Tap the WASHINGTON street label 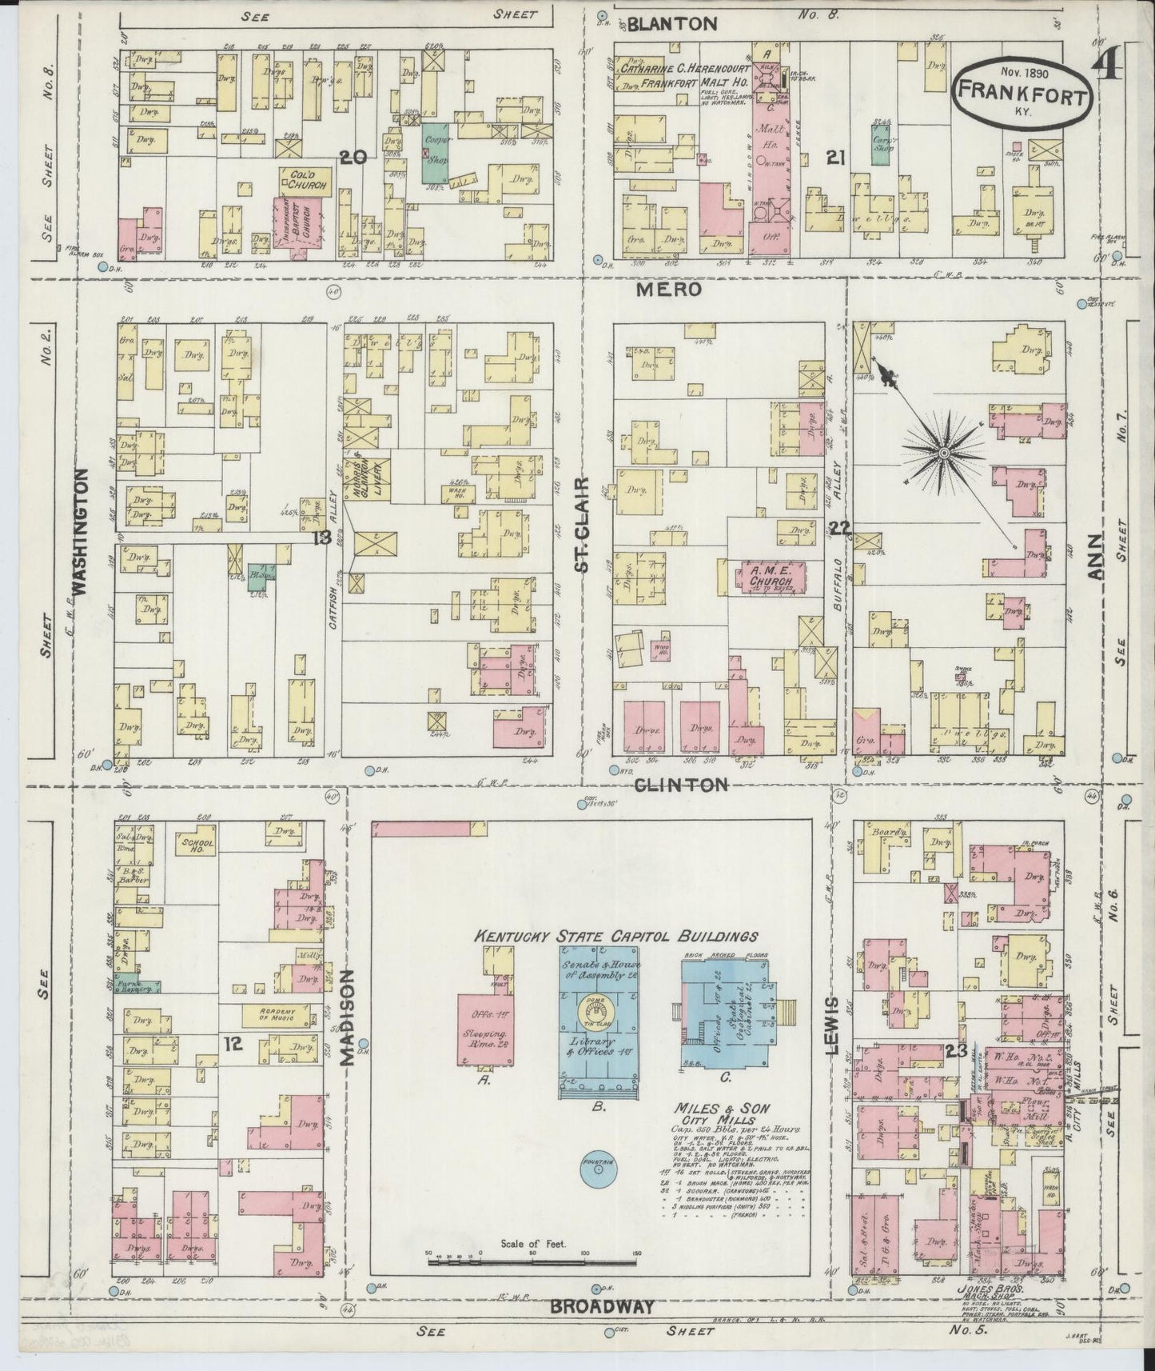coord(79,533)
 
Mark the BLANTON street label coord(672,25)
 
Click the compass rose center coord(943,454)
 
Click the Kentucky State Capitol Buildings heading coord(616,935)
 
